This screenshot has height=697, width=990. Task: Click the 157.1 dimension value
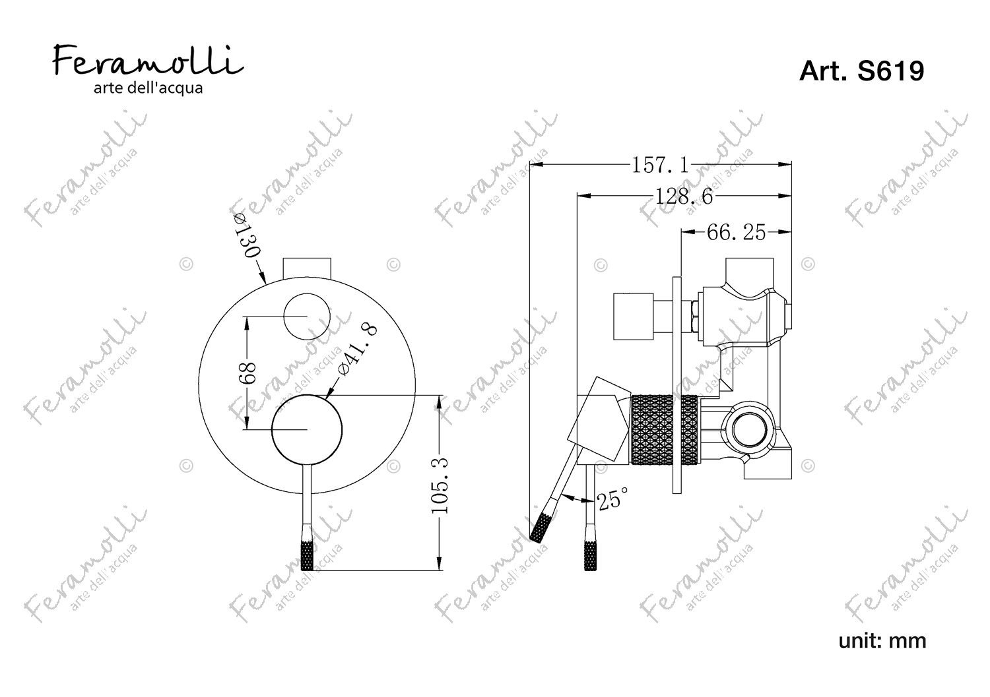tap(660, 166)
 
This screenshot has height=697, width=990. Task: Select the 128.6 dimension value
tap(683, 197)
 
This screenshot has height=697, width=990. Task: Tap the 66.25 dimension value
tap(736, 232)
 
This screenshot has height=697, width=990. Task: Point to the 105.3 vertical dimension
tap(440, 485)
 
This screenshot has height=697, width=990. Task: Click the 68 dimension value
tap(247, 373)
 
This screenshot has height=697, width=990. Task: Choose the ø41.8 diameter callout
tap(356, 349)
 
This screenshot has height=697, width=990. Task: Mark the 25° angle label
tap(612, 499)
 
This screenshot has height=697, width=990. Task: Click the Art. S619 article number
tap(861, 71)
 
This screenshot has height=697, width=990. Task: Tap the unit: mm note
tap(882, 641)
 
